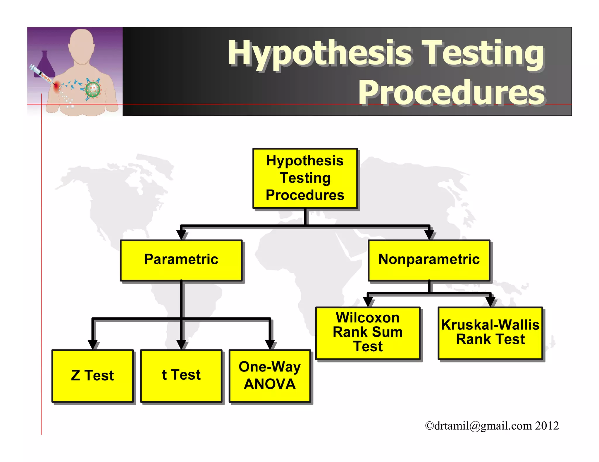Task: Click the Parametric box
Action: (181, 260)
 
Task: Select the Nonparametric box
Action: (429, 260)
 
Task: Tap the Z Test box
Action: (93, 376)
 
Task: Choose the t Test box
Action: (181, 376)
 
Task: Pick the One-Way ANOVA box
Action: (270, 376)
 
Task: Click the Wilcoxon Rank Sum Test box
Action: (368, 333)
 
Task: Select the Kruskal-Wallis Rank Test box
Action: (490, 333)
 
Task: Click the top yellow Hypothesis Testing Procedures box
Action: (305, 178)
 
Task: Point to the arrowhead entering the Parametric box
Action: (181, 235)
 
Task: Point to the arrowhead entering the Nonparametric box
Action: (429, 235)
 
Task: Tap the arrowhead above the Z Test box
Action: (93, 345)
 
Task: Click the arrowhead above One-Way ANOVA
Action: (270, 345)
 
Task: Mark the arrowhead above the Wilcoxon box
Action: (368, 302)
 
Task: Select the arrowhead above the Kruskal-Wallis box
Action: (490, 302)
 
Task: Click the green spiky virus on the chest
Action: (93, 89)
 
